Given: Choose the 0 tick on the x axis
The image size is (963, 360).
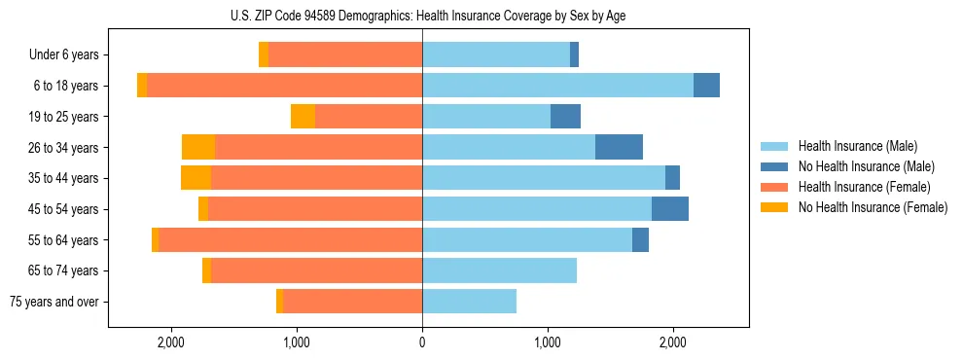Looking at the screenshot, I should pyautogui.click(x=422, y=342).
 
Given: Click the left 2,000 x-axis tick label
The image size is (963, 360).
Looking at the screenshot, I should pyautogui.click(x=171, y=342).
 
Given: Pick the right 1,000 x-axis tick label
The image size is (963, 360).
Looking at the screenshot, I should pyautogui.click(x=548, y=342).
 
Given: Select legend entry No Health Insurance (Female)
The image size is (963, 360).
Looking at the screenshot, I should pyautogui.click(x=873, y=207).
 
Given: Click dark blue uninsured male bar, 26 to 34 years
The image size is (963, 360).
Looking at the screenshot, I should pyautogui.click(x=619, y=147).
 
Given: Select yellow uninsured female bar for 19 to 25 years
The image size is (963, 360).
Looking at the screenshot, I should pyautogui.click(x=303, y=117).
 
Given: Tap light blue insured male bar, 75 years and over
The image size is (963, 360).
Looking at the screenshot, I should pyautogui.click(x=469, y=302).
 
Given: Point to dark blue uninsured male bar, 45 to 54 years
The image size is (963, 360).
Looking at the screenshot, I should pyautogui.click(x=670, y=209).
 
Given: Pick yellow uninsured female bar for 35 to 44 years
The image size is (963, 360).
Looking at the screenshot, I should pyautogui.click(x=196, y=178).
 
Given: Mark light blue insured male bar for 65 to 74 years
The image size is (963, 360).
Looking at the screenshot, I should pyautogui.click(x=499, y=270).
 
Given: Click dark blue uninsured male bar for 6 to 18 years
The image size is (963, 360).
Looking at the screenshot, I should pyautogui.click(x=706, y=86).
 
